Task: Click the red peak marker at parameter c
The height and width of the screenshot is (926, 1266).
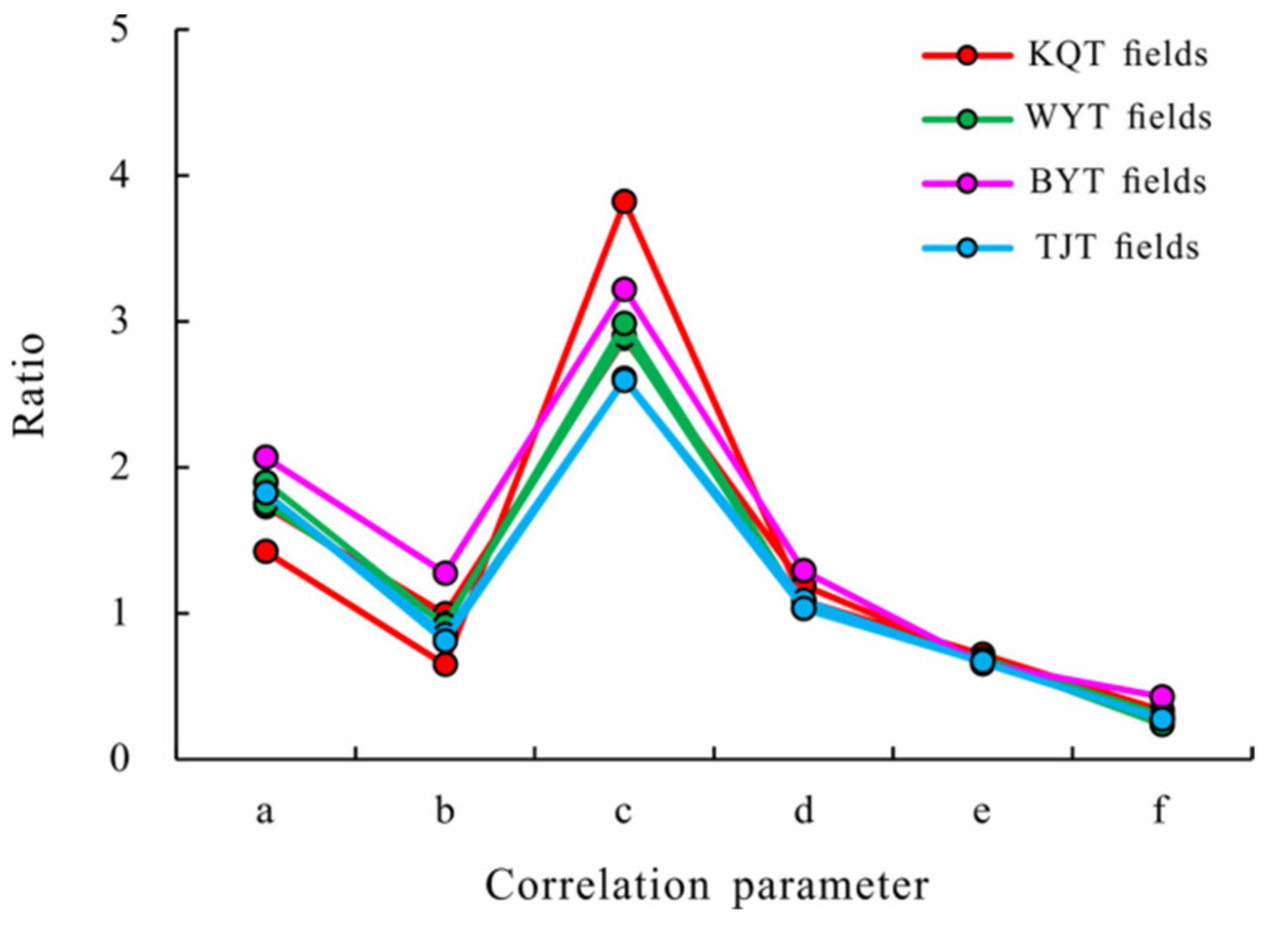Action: pos(625,201)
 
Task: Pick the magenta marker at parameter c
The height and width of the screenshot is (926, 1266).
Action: pos(625,289)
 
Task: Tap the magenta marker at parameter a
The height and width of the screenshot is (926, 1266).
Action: pos(266,456)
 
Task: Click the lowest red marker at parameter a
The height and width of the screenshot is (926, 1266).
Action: pos(266,551)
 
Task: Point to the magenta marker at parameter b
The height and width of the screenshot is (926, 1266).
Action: pos(445,572)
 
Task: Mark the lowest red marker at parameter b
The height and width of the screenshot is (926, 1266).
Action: pos(445,665)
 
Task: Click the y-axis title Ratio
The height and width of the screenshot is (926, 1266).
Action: pos(29,385)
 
